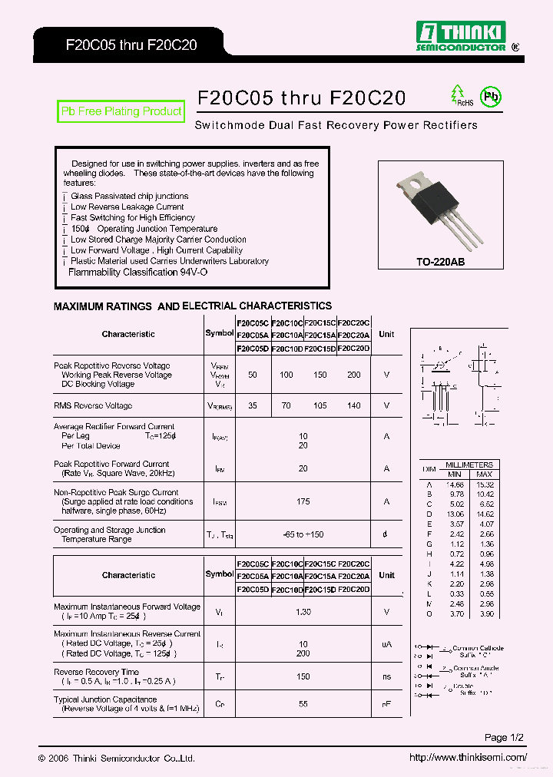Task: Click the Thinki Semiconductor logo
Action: click(x=461, y=36)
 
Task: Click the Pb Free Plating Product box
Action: click(x=121, y=111)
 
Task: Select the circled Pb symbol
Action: click(x=490, y=97)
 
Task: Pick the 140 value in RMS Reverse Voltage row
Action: click(x=353, y=405)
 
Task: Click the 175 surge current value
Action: click(x=303, y=501)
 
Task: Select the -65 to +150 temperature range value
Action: click(x=303, y=534)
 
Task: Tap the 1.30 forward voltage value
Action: click(x=303, y=612)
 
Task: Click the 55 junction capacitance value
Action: click(x=303, y=704)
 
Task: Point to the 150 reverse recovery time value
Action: click(x=303, y=676)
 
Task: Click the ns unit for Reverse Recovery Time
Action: click(x=386, y=676)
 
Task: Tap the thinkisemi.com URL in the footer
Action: click(x=468, y=758)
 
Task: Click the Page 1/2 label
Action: click(x=504, y=738)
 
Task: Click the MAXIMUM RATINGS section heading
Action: click(x=193, y=306)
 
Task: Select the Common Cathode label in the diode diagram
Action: click(x=478, y=648)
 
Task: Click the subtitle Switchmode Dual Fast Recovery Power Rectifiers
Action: click(x=336, y=125)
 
